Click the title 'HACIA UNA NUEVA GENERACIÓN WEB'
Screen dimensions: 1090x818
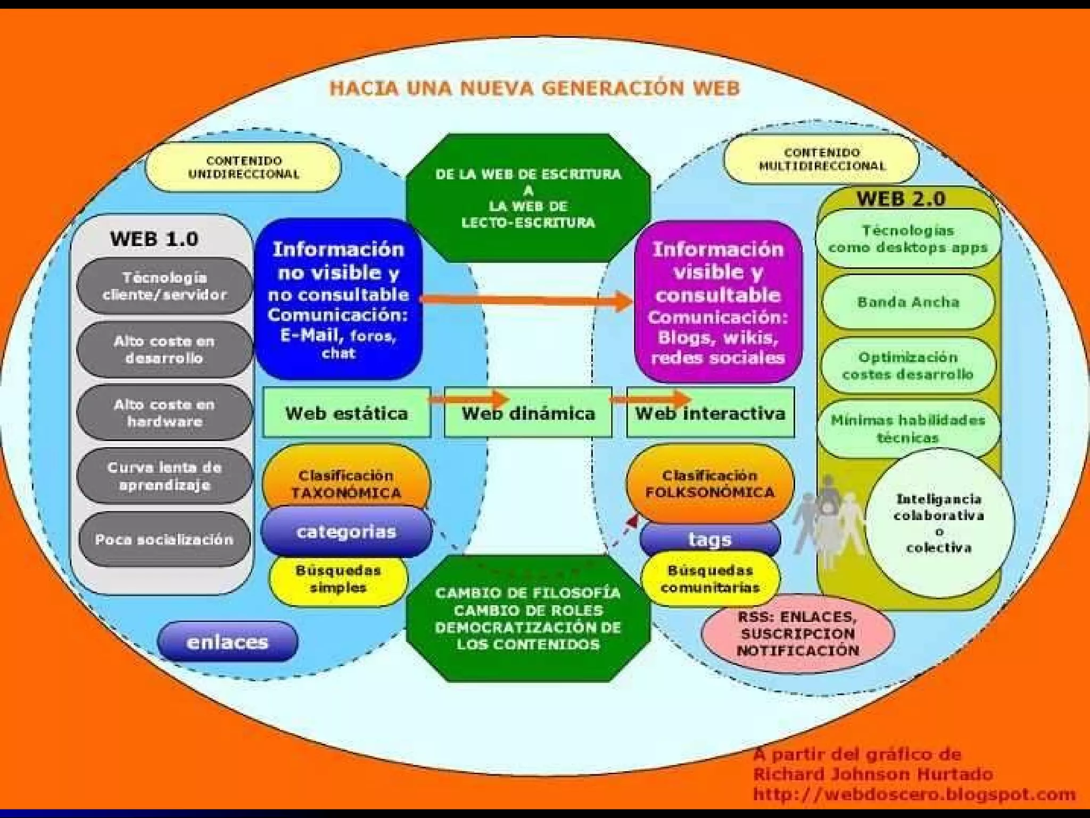pyautogui.click(x=534, y=88)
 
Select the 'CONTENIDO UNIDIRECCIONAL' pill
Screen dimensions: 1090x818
pyautogui.click(x=243, y=167)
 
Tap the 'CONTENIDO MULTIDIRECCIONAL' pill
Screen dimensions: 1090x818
pyautogui.click(x=822, y=159)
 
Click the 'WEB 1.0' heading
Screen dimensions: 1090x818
pyautogui.click(x=154, y=239)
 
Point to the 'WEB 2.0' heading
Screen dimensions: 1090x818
pyautogui.click(x=901, y=199)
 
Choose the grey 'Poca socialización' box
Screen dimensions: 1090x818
pyautogui.click(x=164, y=539)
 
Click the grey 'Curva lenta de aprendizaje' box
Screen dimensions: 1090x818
pyautogui.click(x=164, y=476)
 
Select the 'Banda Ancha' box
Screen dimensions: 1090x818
pyautogui.click(x=908, y=302)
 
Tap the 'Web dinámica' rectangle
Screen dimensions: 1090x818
pyautogui.click(x=528, y=413)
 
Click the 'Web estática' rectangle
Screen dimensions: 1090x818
pyautogui.click(x=346, y=413)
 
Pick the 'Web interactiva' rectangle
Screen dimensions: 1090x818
pyautogui.click(x=710, y=413)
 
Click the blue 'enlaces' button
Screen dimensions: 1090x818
pyautogui.click(x=227, y=642)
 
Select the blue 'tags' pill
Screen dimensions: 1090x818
pyautogui.click(x=710, y=539)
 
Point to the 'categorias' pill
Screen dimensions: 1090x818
pyautogui.click(x=346, y=531)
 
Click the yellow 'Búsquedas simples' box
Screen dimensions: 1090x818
pyautogui.click(x=338, y=579)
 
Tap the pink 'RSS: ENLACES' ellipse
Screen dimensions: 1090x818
pyautogui.click(x=797, y=634)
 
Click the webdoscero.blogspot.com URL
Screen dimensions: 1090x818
pyautogui.click(x=914, y=794)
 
